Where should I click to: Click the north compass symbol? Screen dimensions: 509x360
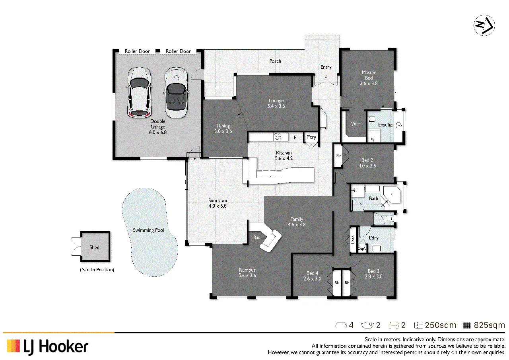click(484, 25)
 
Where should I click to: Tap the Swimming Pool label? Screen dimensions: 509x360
click(148, 230)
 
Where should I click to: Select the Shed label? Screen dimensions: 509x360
click(94, 247)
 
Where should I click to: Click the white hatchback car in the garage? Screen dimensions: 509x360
click(139, 93)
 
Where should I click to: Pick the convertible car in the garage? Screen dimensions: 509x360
click(176, 92)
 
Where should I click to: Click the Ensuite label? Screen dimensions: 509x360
click(385, 125)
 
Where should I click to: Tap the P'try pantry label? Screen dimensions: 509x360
click(311, 137)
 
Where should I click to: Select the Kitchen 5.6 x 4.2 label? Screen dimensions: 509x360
click(284, 156)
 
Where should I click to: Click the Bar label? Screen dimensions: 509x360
click(256, 237)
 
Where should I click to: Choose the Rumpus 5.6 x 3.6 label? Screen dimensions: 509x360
click(247, 273)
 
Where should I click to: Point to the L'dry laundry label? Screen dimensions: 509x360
click(373, 238)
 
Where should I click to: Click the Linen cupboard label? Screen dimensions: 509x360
click(353, 239)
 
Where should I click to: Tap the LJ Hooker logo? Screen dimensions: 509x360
click(48, 347)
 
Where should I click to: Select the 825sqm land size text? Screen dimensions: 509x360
click(489, 325)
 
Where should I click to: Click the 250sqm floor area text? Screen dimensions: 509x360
click(440, 325)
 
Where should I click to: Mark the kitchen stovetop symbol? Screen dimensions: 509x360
click(278, 136)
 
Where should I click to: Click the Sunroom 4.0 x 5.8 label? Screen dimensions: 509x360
click(218, 203)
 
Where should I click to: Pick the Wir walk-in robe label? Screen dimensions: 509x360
click(355, 124)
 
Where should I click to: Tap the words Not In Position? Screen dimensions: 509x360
click(97, 270)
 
